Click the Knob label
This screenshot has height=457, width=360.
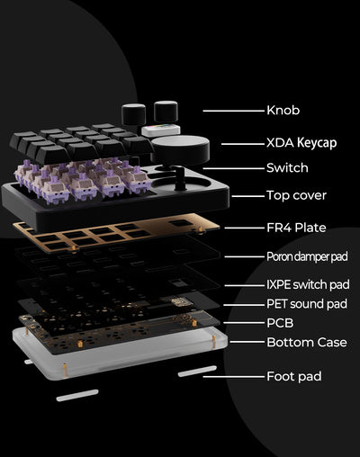pos(283,111)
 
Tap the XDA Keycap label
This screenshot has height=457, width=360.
pos(305,142)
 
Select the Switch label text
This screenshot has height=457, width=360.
pos(287,168)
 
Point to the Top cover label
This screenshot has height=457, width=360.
pos(296,195)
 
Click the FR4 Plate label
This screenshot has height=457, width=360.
pos(296,228)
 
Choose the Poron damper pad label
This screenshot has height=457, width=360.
pos(306,256)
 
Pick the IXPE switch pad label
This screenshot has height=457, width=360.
pos(307,284)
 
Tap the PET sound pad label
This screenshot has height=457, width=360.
pos(307,304)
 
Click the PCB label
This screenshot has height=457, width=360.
pos(279,322)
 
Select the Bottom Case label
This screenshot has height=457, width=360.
pos(306,342)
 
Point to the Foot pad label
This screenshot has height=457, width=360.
pos(293,376)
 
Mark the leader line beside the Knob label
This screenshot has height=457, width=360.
pos(231,111)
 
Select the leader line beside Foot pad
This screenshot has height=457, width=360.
pos(231,376)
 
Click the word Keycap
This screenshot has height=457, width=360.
pos(322,142)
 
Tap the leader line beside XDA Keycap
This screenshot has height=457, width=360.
pos(238,142)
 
